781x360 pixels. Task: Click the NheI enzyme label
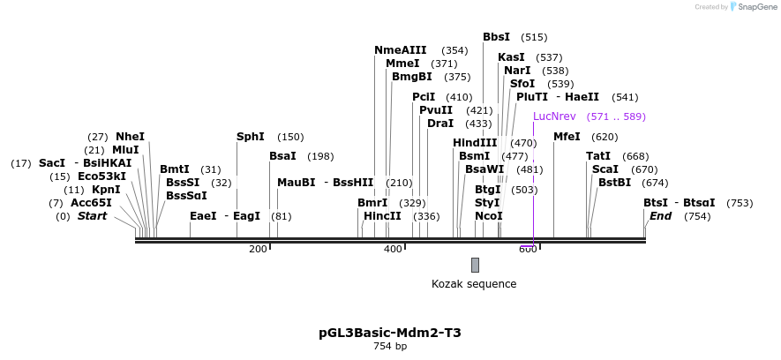[130, 137]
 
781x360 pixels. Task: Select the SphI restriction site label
[251, 137]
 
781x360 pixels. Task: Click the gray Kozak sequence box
[475, 265]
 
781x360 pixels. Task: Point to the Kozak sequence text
[474, 284]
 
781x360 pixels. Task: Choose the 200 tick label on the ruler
[258, 250]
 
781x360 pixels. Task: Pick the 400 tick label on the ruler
[393, 250]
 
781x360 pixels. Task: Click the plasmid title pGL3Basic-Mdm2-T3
[390, 334]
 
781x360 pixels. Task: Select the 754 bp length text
[390, 347]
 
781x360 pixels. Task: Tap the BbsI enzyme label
[496, 37]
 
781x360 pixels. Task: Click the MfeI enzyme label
[567, 137]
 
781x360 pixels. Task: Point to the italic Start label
[92, 216]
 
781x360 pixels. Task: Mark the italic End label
[660, 216]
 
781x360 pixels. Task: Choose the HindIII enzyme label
[475, 143]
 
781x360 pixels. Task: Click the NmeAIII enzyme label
[400, 50]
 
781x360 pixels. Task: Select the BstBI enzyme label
[614, 183]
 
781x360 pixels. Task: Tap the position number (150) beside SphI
[290, 137]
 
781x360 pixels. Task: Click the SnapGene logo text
[757, 7]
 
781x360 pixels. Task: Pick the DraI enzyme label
[439, 124]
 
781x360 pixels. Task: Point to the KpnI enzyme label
[105, 190]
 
